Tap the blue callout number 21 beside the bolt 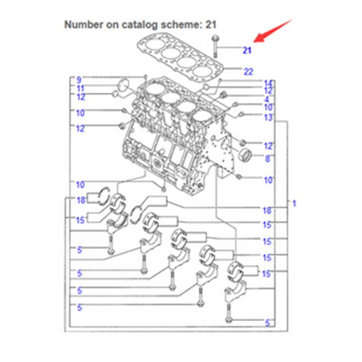tap(247, 50)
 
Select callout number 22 tap(248, 72)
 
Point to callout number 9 tap(79, 80)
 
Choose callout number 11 tap(80, 89)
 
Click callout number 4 tap(266, 99)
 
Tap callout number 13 tap(268, 118)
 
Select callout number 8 tap(267, 159)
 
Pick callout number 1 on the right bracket tap(293, 204)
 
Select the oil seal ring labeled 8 tap(246, 155)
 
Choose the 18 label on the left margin tap(80, 200)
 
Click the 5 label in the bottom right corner tap(267, 323)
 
